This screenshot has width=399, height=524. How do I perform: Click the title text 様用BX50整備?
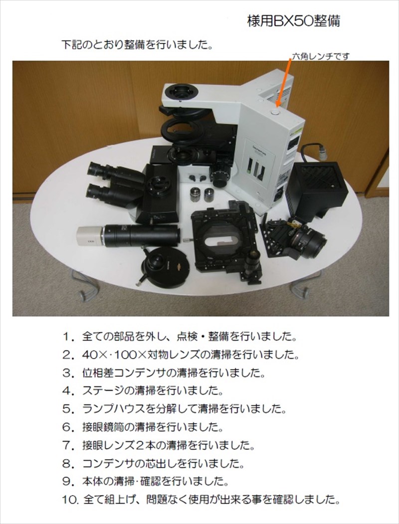(x=293, y=21)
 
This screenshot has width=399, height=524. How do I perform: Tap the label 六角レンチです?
(x=321, y=56)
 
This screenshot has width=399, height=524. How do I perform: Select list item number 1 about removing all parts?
(x=180, y=337)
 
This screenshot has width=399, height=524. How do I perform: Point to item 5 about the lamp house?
(x=174, y=409)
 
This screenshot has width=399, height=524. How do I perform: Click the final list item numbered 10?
(x=201, y=500)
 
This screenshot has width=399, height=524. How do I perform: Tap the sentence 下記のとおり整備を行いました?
(x=137, y=44)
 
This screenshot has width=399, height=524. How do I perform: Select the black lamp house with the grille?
(x=317, y=189)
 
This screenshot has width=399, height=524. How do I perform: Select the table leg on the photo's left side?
(x=84, y=285)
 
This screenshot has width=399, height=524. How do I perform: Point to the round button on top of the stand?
(x=275, y=113)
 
